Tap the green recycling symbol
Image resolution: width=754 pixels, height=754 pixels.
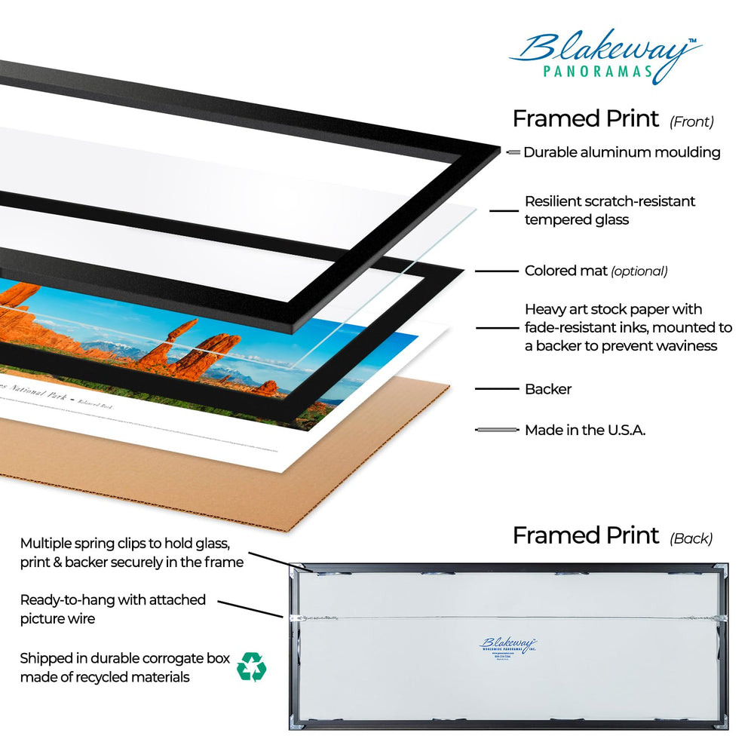tap(250, 667)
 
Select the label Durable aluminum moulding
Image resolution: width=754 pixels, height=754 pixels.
tap(622, 152)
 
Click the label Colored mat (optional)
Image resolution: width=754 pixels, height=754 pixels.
tap(596, 271)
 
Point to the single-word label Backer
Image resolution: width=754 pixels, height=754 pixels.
tap(548, 389)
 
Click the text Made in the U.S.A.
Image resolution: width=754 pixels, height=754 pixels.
tap(585, 430)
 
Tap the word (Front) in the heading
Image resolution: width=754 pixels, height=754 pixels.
tap(691, 121)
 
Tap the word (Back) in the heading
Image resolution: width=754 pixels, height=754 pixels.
tap(691, 538)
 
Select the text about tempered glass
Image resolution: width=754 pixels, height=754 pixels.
tap(609, 210)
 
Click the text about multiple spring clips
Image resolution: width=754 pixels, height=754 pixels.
tap(132, 552)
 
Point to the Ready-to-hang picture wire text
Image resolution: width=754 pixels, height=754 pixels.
tap(113, 608)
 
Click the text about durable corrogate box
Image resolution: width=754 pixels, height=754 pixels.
tap(124, 667)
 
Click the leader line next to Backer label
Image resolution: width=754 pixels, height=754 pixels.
tap(494, 389)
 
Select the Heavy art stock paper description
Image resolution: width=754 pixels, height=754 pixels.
tap(627, 327)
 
